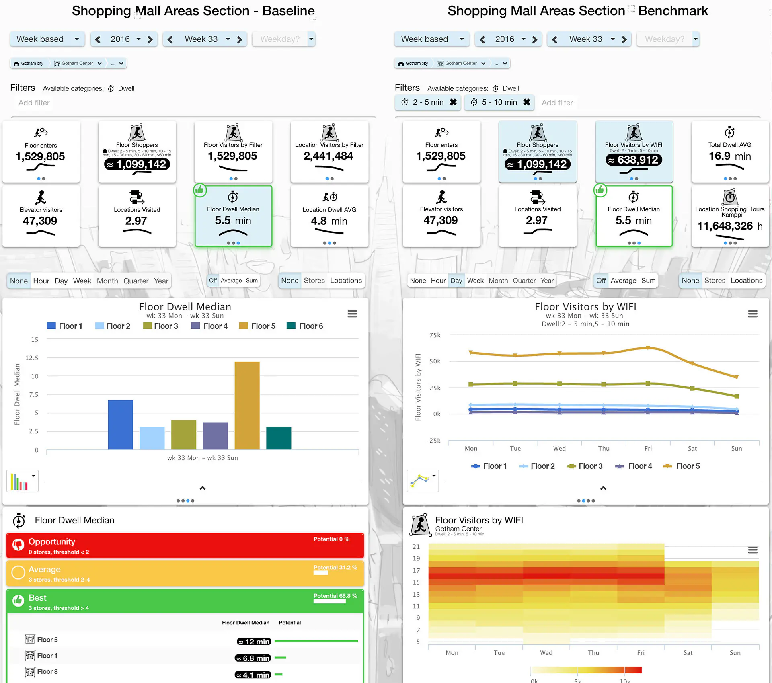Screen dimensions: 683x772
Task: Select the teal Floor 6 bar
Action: tap(279, 438)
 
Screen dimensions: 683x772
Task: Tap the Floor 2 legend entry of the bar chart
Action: tap(113, 326)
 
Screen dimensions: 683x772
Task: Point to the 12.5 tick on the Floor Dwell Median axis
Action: tap(32, 358)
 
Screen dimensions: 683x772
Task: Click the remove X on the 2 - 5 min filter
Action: tap(453, 102)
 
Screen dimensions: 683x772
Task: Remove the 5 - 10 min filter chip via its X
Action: tap(526, 102)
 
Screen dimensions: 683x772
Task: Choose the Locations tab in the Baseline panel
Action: tap(346, 281)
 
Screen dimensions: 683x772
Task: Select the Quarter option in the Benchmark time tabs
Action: tap(524, 281)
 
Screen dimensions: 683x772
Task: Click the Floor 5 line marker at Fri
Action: tap(648, 348)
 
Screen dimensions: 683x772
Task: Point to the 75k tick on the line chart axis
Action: tap(435, 335)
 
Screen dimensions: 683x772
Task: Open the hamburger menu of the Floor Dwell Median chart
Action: tap(352, 314)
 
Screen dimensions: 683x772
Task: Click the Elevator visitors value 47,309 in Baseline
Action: tap(40, 221)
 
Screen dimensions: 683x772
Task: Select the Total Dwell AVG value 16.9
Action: tap(720, 156)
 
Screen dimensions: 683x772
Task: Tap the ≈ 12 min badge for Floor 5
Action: tap(254, 642)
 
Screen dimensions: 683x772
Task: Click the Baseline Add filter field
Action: tap(34, 103)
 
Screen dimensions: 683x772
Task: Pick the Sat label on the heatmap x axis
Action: tap(688, 653)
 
